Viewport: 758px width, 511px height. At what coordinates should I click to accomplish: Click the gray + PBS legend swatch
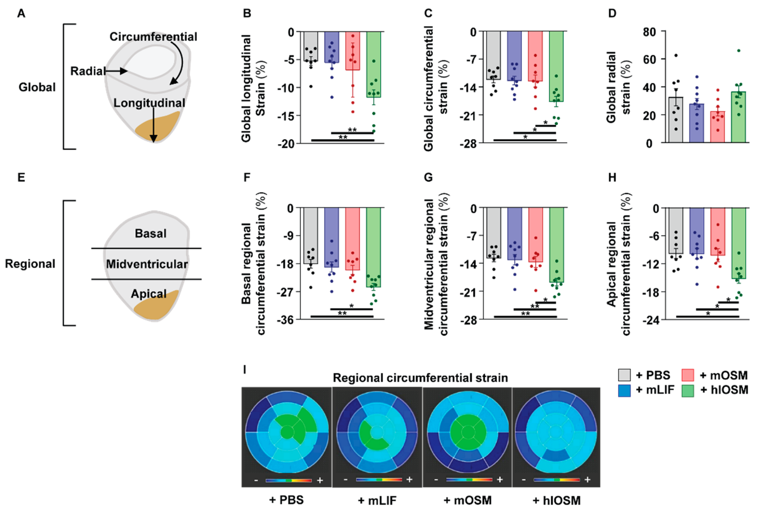624,375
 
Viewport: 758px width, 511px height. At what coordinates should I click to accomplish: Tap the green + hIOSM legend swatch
688,390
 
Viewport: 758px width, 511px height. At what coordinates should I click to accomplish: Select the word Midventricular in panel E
147,264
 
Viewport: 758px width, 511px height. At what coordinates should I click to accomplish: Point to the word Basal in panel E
150,233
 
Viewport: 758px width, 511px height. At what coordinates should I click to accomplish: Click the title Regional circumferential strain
420,378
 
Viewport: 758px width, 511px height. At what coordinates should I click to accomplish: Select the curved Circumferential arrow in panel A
180,62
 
